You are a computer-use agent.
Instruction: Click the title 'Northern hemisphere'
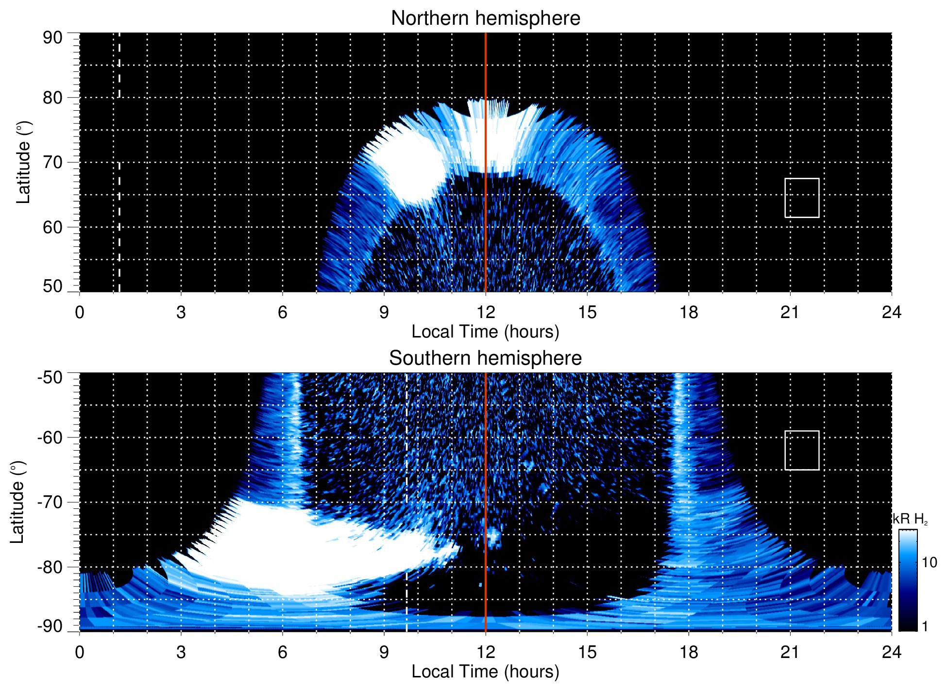tap(485, 18)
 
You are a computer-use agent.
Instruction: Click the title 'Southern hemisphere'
tap(485, 358)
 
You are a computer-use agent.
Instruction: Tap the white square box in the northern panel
tap(802, 198)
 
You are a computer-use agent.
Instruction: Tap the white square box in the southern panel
tap(802, 450)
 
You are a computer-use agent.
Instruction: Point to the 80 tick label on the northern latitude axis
tap(52, 98)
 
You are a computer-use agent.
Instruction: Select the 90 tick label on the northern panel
tap(52, 38)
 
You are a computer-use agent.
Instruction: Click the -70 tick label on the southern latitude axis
tap(50, 502)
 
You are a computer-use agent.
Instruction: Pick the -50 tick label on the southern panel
tap(50, 377)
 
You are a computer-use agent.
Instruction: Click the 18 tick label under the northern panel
tap(689, 312)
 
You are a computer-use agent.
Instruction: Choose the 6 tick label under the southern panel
tap(283, 652)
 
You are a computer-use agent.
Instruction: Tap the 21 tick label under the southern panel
tap(790, 652)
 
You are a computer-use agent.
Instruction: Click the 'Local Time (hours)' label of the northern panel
tap(485, 332)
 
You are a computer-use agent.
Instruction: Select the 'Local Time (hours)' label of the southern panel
tap(485, 672)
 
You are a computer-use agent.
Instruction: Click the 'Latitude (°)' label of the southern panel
tap(17, 502)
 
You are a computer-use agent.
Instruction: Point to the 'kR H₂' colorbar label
tap(910, 519)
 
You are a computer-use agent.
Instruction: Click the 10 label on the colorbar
tap(929, 563)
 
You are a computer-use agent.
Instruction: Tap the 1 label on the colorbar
tap(925, 626)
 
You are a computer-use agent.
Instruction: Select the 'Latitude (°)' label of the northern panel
tap(23, 162)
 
